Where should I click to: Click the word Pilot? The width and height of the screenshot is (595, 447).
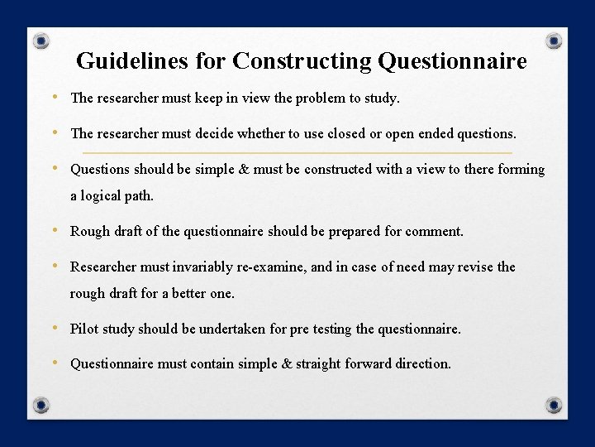[x=85, y=329]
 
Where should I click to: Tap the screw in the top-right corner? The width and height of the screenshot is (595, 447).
[x=555, y=41]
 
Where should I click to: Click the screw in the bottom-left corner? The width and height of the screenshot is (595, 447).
[x=40, y=406]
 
